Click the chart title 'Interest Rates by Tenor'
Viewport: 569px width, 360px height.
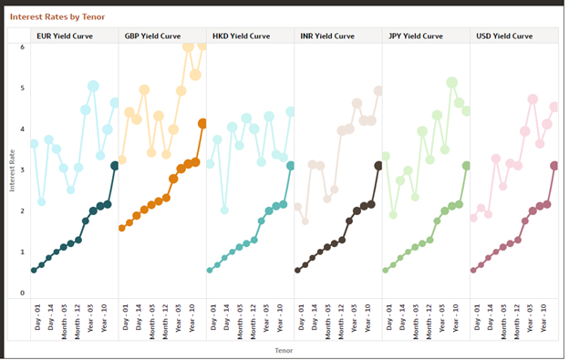56,16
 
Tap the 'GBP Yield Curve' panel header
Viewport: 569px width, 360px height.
152,36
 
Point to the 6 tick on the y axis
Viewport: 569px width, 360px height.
23,46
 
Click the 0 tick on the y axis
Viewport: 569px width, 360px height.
23,293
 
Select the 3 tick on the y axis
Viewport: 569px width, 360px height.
23,170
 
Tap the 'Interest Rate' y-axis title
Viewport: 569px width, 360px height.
12,170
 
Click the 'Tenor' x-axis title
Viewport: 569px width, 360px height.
285,348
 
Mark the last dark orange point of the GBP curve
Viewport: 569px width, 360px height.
202,123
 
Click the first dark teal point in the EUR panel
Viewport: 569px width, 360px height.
34,270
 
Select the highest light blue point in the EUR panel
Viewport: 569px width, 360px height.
93,87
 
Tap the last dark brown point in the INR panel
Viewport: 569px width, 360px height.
378,165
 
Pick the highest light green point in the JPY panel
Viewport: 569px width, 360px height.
451,82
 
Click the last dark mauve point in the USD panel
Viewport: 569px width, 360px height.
554,165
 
